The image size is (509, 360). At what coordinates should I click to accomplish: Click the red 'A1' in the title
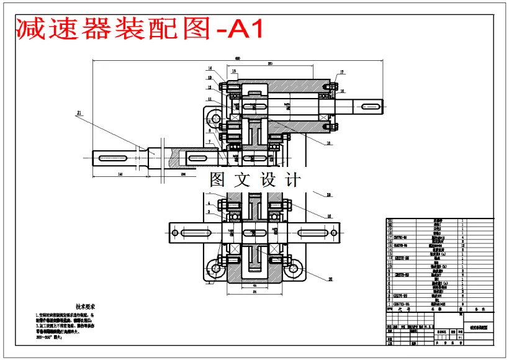[x=247, y=28]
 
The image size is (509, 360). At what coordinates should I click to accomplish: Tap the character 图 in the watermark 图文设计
[x=218, y=181]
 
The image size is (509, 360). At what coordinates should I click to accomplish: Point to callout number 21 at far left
[x=79, y=113]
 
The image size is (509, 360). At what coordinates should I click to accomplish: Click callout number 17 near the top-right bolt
[x=341, y=72]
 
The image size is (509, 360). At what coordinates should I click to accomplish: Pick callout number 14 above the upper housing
[x=210, y=68]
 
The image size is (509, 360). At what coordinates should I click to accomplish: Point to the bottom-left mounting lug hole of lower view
[x=216, y=269]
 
